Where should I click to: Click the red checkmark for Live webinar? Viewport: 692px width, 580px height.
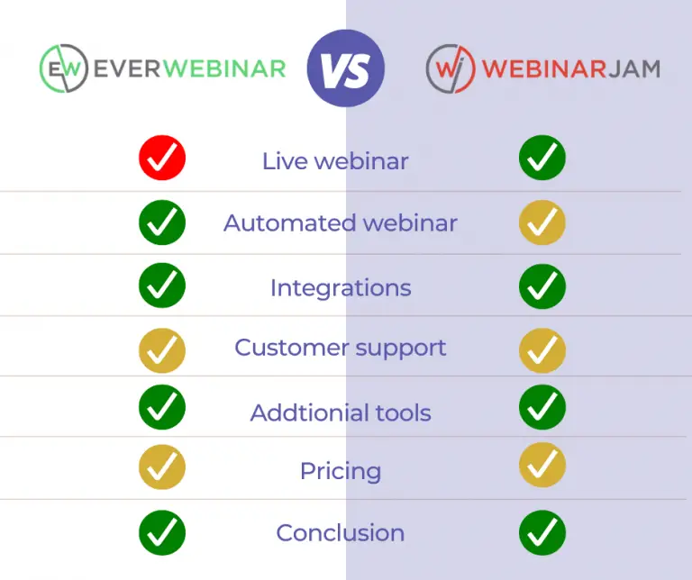tap(162, 158)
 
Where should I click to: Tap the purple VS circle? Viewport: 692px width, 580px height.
tap(346, 68)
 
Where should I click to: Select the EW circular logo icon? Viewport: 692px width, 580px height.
tap(64, 68)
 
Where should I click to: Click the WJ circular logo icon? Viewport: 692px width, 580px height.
tap(451, 68)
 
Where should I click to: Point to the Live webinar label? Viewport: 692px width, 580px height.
tap(335, 161)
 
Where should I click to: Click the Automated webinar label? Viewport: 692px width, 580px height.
tap(341, 222)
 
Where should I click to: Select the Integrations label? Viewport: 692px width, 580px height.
tap(341, 288)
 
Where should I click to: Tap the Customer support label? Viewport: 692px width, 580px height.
tap(341, 348)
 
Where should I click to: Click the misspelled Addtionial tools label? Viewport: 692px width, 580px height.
tap(341, 412)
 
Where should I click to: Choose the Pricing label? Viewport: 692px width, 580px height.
tap(341, 472)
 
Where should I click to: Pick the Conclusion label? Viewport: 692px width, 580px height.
tap(341, 533)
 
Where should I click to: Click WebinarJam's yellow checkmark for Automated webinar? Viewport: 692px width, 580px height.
tap(542, 222)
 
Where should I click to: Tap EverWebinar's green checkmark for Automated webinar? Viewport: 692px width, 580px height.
tap(162, 222)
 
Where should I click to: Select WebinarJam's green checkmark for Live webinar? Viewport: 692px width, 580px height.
tap(542, 158)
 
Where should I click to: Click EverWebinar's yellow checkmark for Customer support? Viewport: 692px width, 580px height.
tap(162, 350)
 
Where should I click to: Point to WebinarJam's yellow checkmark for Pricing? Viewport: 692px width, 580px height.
tap(542, 466)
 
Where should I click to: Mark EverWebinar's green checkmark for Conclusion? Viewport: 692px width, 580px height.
tap(162, 533)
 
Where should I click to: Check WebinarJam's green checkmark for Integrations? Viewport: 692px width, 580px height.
tap(542, 286)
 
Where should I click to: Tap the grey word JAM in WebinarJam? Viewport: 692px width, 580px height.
tap(634, 68)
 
